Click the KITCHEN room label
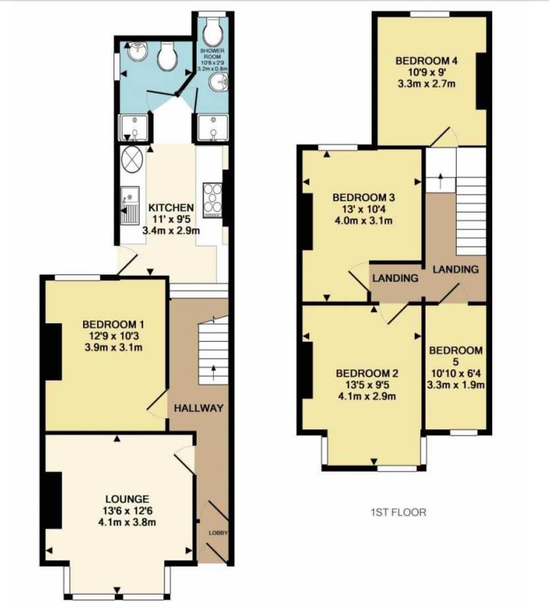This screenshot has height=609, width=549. pos(170,207)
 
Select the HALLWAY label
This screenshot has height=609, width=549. pos(198,408)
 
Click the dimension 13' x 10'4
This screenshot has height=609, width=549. pos(359,209)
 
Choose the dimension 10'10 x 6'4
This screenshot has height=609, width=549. pos(455,373)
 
